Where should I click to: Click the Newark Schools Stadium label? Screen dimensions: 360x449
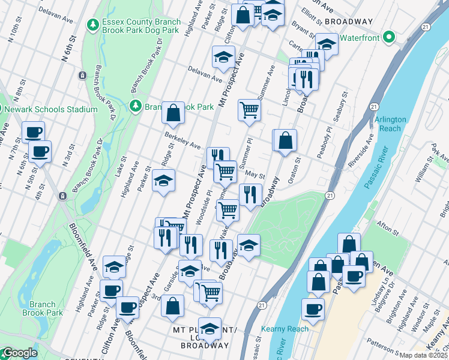pos(50,109)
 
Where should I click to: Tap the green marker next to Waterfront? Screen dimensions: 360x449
pos(388,37)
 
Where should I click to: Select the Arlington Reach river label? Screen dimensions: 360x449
pos(390,124)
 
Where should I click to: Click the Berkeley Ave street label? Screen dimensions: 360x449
pos(182,142)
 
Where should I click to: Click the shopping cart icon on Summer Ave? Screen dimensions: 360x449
pos(249,110)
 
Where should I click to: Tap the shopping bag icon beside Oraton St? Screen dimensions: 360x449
pos(286,140)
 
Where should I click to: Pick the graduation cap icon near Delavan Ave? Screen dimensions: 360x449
pos(223,58)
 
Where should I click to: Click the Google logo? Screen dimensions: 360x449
pos(19,353)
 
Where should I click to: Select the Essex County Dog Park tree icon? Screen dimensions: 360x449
pos(93,25)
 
